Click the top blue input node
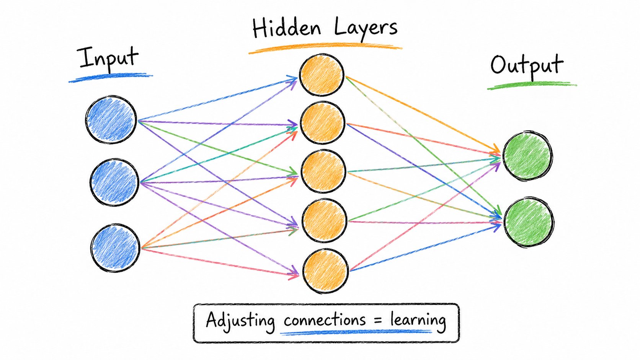tap(111, 119)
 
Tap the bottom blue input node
tap(116, 248)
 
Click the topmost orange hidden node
tap(322, 75)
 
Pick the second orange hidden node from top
tap(323, 123)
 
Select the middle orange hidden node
tap(323, 171)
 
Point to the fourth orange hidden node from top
tap(324, 220)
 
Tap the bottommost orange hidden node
tap(325, 270)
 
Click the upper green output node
tap(527, 156)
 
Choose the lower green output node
tap(529, 222)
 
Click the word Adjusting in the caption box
tap(240, 321)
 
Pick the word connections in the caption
tap(325, 320)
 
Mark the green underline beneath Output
tap(532, 85)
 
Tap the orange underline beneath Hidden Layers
tap(325, 48)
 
